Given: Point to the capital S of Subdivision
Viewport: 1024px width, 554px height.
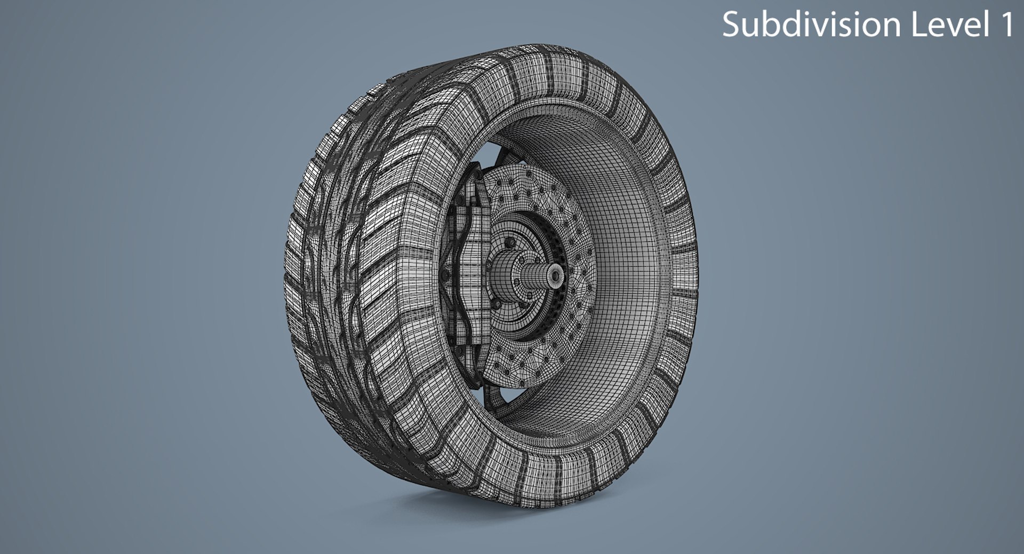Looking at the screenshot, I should point(732,25).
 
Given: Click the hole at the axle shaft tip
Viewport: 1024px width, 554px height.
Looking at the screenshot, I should point(556,275).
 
